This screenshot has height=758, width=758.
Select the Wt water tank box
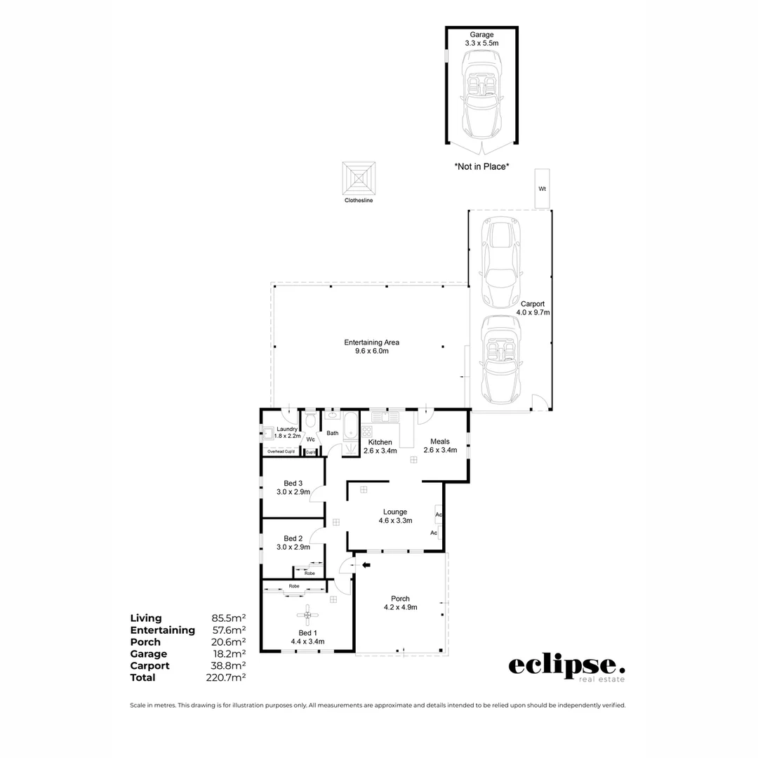542,189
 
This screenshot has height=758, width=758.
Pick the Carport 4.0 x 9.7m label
533,308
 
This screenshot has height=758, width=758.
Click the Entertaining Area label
371,346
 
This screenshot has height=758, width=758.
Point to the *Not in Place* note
481,167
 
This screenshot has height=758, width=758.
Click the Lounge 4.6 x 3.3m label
395,516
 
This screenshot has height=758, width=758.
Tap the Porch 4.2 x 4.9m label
400,603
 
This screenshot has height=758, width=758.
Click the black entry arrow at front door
366,564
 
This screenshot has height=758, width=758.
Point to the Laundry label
287,430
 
